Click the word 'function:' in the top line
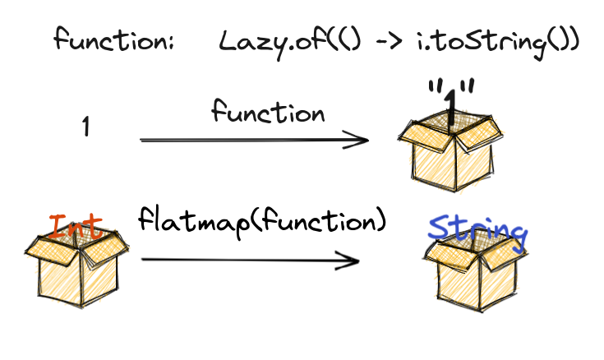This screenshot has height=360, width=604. pyautogui.click(x=113, y=39)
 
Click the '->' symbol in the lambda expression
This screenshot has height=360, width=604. pyautogui.click(x=379, y=40)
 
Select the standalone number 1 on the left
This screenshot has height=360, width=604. pyautogui.click(x=86, y=127)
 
